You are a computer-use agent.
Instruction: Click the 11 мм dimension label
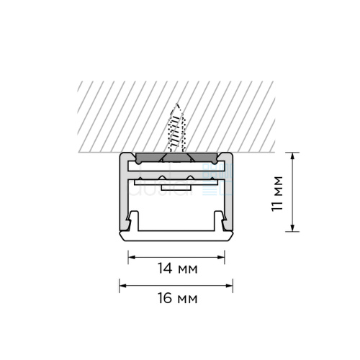277,194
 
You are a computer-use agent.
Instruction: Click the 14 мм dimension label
178,269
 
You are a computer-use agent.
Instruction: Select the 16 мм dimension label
178,298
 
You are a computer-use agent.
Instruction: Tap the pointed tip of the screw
177,104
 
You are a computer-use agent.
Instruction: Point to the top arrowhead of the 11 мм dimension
292,156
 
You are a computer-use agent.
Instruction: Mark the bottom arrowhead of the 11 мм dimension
292,228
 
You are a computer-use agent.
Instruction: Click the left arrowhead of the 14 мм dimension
132,257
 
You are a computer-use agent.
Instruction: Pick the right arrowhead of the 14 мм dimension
221,257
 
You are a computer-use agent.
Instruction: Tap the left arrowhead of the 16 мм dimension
122,286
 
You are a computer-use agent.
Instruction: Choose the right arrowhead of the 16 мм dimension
229,286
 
